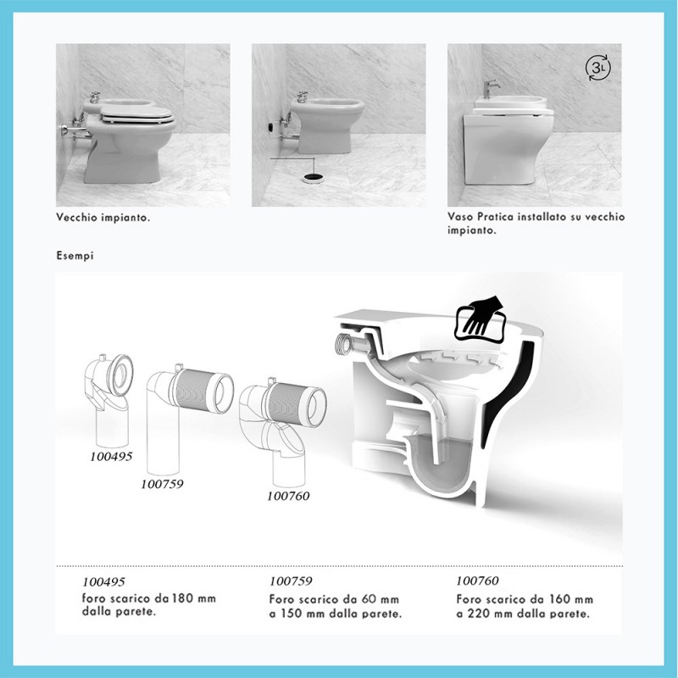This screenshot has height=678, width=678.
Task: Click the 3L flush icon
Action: [x=597, y=69]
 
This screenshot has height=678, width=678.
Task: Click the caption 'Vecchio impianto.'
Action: [x=103, y=217]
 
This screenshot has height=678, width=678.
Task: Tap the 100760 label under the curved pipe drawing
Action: [x=288, y=496]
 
